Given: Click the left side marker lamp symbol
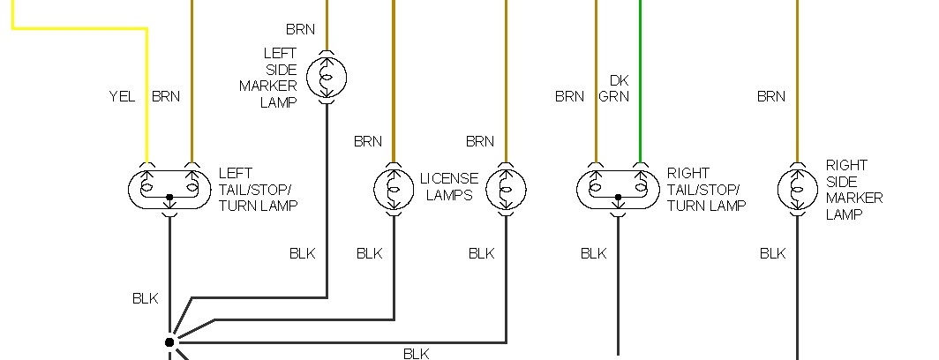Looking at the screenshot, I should click(x=327, y=77).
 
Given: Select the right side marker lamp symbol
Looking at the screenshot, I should click(x=797, y=189).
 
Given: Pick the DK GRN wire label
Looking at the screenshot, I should click(x=614, y=88).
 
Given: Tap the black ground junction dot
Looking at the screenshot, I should click(x=169, y=341).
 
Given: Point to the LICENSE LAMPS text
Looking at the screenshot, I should click(x=449, y=187).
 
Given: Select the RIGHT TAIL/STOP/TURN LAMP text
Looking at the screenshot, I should click(x=705, y=189).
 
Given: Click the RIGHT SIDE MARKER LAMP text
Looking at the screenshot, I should click(x=853, y=189).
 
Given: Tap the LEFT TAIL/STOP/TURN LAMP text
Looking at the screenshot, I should click(x=258, y=189).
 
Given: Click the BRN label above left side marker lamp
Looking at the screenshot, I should click(x=300, y=30).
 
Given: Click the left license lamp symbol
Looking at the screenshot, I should click(x=394, y=189).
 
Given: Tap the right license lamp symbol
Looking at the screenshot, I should click(x=506, y=189).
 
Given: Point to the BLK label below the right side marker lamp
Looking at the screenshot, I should click(x=772, y=254).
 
